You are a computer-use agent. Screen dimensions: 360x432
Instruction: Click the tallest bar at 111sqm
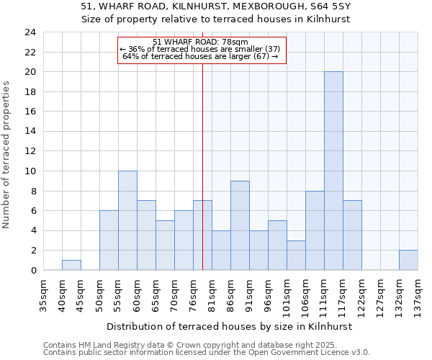pyautogui.click(x=333, y=171)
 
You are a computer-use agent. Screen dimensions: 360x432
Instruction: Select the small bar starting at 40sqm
pyautogui.click(x=71, y=265)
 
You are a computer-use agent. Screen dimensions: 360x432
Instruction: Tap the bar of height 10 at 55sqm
pyautogui.click(x=127, y=220)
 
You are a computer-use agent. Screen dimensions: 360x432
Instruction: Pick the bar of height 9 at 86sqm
pyautogui.click(x=240, y=225)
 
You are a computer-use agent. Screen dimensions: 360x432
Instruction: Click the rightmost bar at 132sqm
pyautogui.click(x=408, y=260)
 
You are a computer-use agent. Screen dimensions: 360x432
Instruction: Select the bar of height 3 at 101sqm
pyautogui.click(x=296, y=255)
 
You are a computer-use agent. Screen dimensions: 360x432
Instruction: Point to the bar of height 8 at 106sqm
pyautogui.click(x=315, y=230)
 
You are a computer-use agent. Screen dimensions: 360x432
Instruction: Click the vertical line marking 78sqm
pyautogui.click(x=202, y=144)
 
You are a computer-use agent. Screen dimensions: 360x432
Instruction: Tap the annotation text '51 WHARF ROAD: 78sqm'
pyautogui.click(x=201, y=42)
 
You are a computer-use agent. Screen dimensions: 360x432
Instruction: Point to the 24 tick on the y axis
pyautogui.click(x=30, y=32)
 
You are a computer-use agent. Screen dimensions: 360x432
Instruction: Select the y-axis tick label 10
pyautogui.click(x=30, y=171)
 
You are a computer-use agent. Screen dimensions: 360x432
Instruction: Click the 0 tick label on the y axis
pyautogui.click(x=33, y=271)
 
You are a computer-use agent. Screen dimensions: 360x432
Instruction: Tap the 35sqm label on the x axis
pyautogui.click(x=43, y=295)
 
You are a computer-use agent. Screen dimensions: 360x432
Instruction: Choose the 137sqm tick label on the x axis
pyautogui.click(x=418, y=295)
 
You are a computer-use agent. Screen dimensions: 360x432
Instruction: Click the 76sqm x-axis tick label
pyautogui.click(x=193, y=295)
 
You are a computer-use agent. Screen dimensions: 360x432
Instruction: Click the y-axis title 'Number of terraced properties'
pyautogui.click(x=7, y=155)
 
